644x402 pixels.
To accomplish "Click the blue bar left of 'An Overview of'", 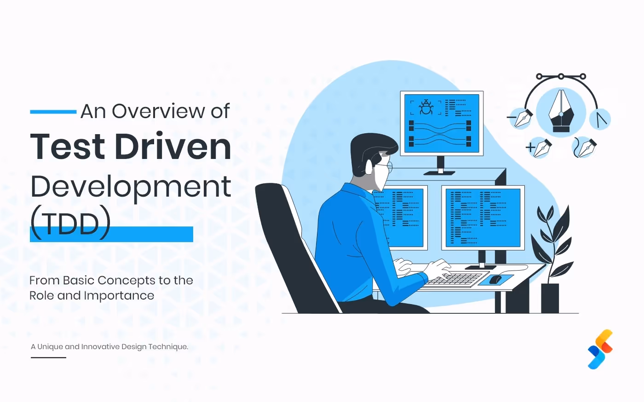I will [x=53, y=111].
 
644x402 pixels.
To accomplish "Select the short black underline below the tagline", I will [x=48, y=357].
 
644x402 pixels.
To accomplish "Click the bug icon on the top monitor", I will [x=426, y=108].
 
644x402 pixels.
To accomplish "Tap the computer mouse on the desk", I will [x=495, y=279].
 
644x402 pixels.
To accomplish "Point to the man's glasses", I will [x=388, y=166].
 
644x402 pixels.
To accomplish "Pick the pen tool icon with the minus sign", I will [x=522, y=118].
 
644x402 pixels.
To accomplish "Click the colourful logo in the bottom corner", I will [x=600, y=349].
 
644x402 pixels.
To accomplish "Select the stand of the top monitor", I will [x=440, y=166].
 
